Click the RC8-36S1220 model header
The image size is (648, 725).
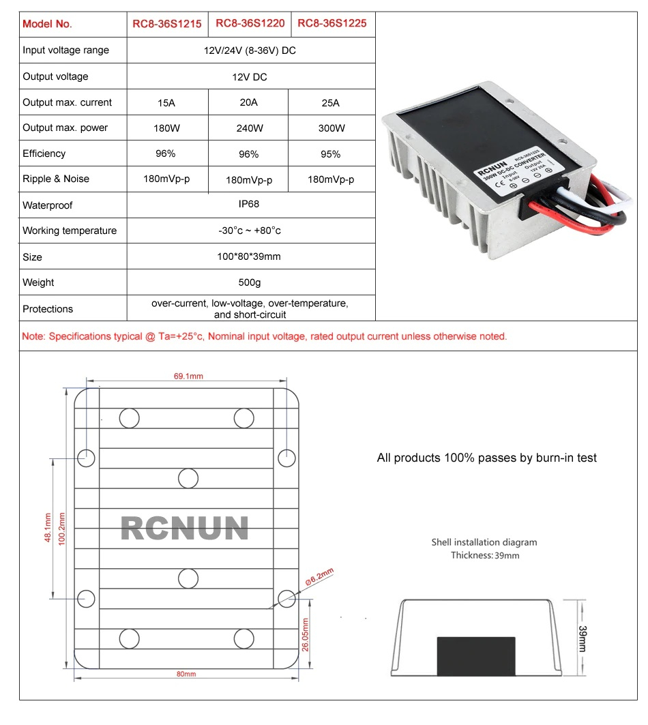point(250,23)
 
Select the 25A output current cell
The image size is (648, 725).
point(330,103)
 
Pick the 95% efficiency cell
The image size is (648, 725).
point(330,154)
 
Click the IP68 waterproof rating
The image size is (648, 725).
point(250,204)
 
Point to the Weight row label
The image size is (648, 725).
point(38,282)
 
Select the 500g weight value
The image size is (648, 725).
point(250,282)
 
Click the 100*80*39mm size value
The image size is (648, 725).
point(250,257)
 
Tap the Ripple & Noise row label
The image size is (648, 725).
point(56,179)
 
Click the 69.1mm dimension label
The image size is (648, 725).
point(189,376)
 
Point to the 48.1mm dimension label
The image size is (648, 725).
point(46,529)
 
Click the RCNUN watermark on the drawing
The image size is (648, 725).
point(184,529)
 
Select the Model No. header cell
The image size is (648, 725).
point(47,24)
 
